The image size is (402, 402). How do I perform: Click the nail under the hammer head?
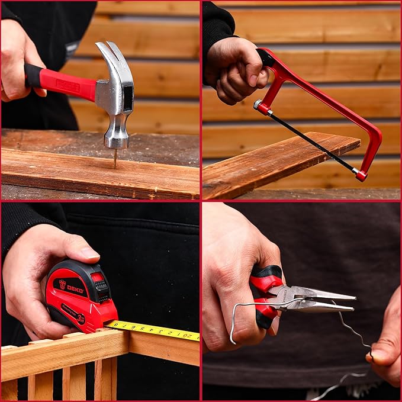point(115,157)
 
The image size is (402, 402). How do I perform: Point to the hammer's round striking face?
point(117,142)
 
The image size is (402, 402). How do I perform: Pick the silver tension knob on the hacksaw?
point(258,105)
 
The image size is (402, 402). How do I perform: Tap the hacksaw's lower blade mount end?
point(361,175)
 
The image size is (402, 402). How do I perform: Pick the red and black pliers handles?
point(265,296)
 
